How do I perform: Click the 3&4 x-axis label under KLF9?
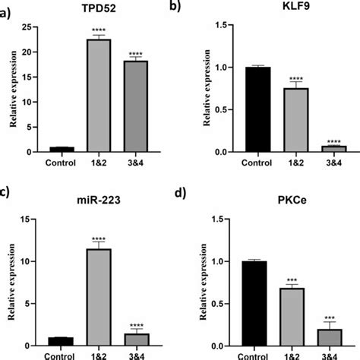point(331,163)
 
